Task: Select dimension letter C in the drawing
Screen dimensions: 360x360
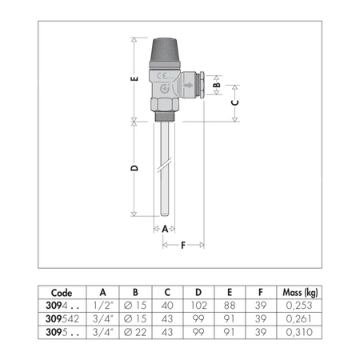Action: click(x=234, y=102)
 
